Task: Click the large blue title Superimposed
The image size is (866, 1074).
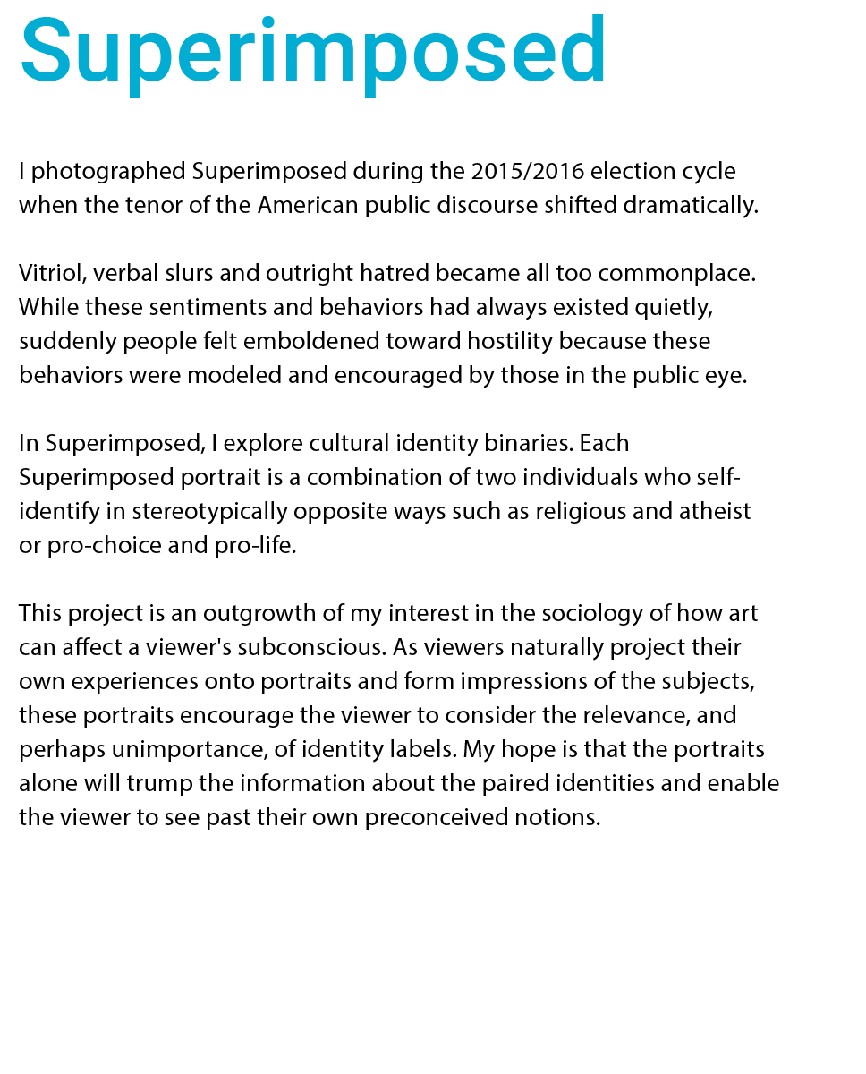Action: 313,51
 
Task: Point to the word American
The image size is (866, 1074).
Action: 308,205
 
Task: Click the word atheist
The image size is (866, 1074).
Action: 717,511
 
